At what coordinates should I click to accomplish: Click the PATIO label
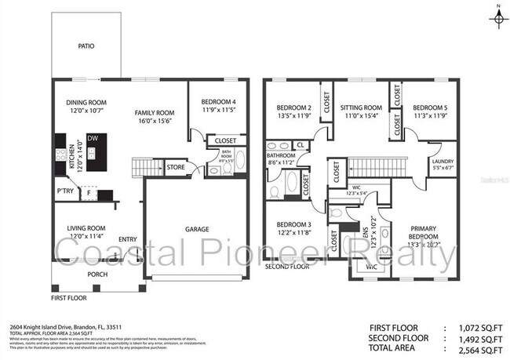click(x=86, y=46)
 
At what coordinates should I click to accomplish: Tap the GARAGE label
click(x=197, y=229)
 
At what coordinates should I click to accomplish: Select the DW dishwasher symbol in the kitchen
click(x=93, y=139)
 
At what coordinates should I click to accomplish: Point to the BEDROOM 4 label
click(x=218, y=103)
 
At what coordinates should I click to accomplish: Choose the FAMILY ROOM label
click(x=154, y=113)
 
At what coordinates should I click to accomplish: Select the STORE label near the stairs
click(x=175, y=166)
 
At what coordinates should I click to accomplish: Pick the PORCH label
click(x=97, y=274)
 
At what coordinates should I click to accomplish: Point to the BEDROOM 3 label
click(x=294, y=224)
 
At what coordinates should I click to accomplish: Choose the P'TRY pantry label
click(x=64, y=191)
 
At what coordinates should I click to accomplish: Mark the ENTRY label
click(x=128, y=239)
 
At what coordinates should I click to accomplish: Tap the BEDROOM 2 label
click(x=294, y=107)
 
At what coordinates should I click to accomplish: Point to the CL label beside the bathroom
click(x=301, y=145)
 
